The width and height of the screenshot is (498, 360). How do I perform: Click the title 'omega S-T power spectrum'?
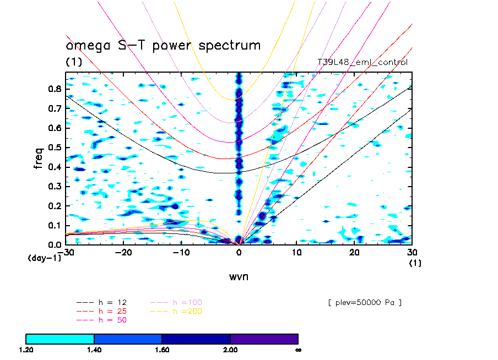pos(163,45)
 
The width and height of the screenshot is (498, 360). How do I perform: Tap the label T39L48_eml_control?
pos(362,62)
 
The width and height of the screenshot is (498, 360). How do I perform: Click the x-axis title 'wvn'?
pos(239,276)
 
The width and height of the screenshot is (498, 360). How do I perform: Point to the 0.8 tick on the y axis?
pos(57,89)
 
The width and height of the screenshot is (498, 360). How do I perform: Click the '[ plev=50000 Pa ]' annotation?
pos(364,302)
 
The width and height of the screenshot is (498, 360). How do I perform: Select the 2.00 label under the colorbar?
pos(230,350)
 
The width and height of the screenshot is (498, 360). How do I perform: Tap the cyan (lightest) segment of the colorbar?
pos(60,339)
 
